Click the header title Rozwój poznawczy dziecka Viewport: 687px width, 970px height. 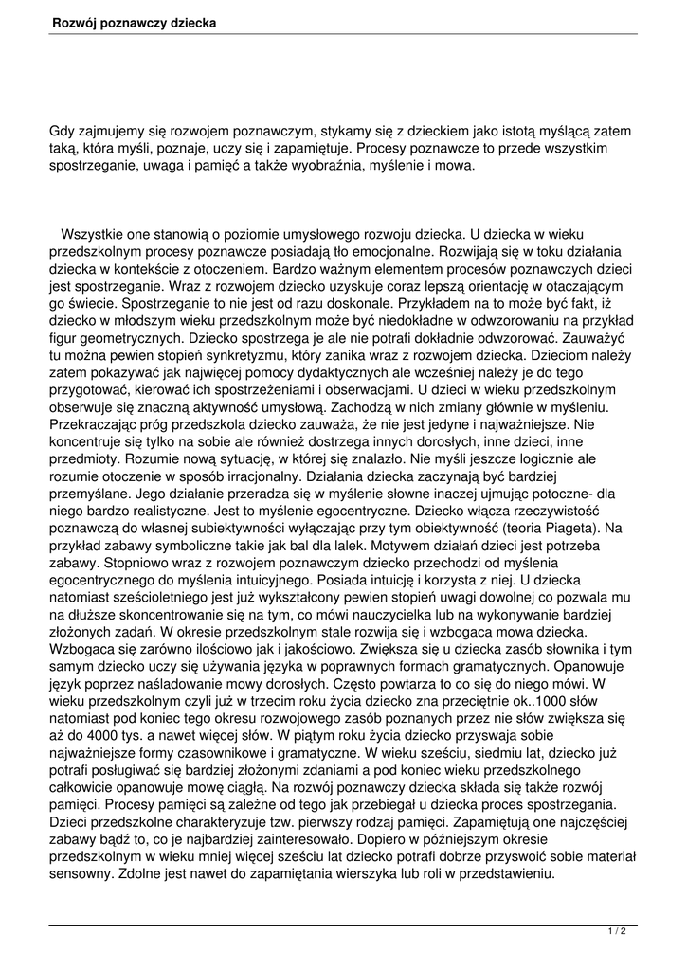pyautogui.click(x=134, y=21)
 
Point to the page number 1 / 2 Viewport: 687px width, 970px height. pyautogui.click(x=616, y=932)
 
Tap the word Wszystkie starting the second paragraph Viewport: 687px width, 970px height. pyautogui.click(x=98, y=233)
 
